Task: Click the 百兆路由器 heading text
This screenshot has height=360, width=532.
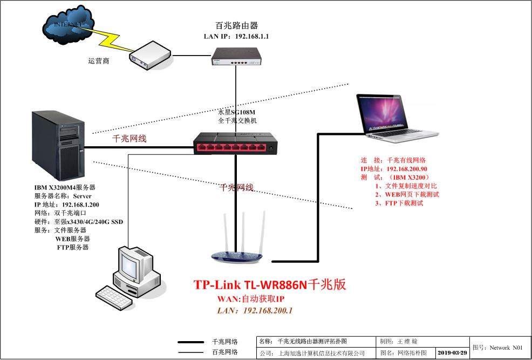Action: tap(236, 25)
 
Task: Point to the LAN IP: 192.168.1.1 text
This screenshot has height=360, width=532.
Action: tap(236, 36)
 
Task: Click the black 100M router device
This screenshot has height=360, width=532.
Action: tap(236, 56)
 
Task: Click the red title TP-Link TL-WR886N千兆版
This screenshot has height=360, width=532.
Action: tap(270, 286)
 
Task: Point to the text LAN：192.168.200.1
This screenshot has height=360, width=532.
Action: tap(255, 310)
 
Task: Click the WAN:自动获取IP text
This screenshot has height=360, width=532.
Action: tap(250, 299)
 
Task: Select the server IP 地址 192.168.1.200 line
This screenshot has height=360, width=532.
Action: tap(66, 205)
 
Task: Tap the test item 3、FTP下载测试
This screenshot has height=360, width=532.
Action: tap(399, 203)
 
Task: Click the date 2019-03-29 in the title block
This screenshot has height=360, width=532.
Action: tap(452, 353)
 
